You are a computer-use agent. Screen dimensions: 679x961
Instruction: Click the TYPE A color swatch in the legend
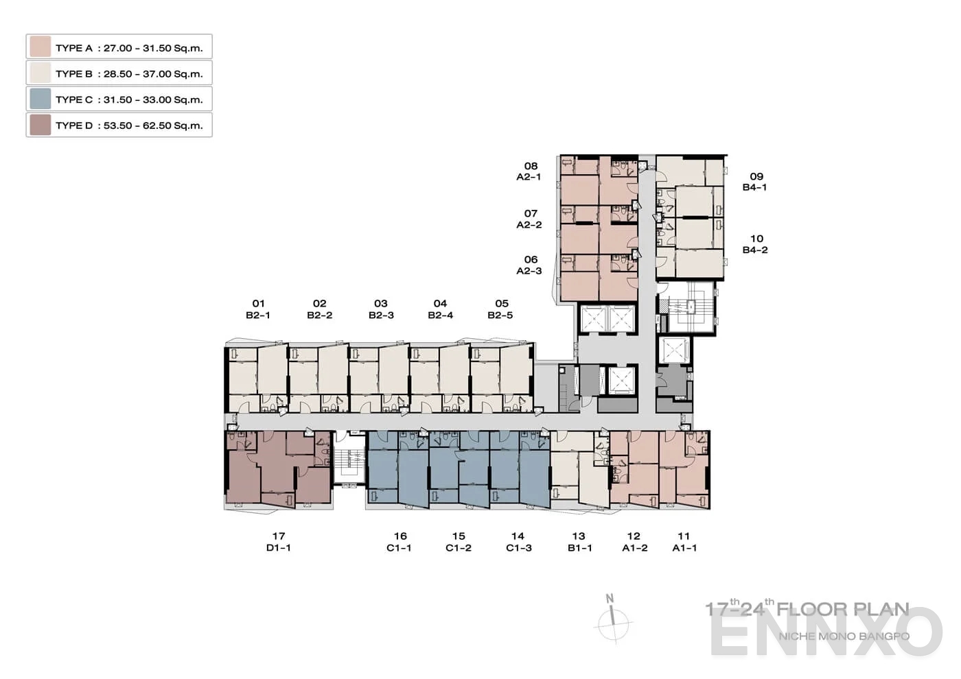(40, 47)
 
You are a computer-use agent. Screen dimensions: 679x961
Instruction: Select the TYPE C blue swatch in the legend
(40, 99)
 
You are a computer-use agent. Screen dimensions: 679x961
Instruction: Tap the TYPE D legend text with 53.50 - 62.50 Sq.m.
(129, 126)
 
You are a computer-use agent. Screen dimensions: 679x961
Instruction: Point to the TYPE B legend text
(129, 73)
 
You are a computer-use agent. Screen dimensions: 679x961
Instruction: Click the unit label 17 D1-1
(278, 542)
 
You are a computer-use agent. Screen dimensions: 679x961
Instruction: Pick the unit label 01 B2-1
(258, 309)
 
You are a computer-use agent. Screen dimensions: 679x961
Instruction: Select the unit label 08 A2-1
(529, 171)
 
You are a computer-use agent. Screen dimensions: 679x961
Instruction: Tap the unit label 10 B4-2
(755, 244)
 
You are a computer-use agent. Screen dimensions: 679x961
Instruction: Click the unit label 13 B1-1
(579, 542)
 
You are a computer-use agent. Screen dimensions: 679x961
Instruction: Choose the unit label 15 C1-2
(459, 542)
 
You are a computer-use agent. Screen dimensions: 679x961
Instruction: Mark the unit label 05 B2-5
(500, 309)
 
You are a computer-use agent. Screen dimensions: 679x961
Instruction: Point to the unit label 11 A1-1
(684, 542)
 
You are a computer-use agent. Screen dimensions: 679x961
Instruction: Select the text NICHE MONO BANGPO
(844, 636)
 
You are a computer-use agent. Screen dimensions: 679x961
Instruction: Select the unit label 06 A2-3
(529, 265)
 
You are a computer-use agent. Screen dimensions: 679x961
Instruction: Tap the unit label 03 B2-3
(381, 309)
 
